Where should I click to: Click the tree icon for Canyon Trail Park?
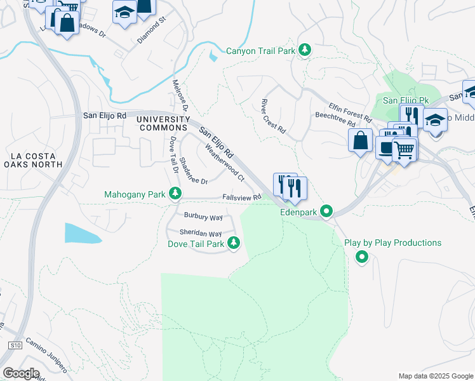point(305,50)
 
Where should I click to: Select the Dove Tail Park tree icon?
point(234,243)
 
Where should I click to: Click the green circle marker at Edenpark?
point(326,211)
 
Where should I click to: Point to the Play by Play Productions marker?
point(362,257)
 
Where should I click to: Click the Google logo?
point(21,373)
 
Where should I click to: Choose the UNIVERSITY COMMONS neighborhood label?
point(164,124)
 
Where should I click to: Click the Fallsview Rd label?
point(242,198)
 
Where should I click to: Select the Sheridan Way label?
point(201,234)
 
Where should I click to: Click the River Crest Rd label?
point(274,116)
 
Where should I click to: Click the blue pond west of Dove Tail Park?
point(82,233)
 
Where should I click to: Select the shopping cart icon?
point(403,149)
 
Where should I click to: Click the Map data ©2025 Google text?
point(435,376)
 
